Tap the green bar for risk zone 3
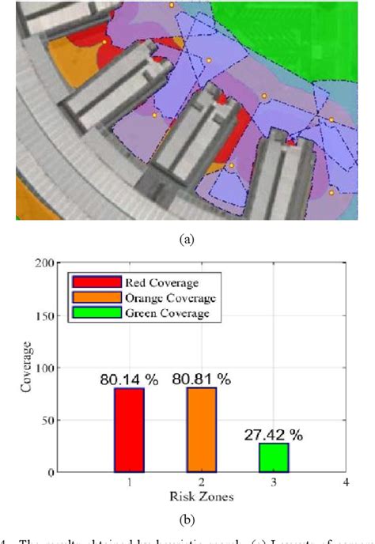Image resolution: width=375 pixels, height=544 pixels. click(x=274, y=458)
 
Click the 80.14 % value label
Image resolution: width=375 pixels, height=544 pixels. click(x=129, y=379)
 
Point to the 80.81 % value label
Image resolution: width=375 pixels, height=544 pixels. click(x=202, y=379)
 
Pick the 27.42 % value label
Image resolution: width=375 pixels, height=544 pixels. click(x=274, y=434)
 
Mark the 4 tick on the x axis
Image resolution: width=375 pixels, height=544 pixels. click(x=345, y=482)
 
